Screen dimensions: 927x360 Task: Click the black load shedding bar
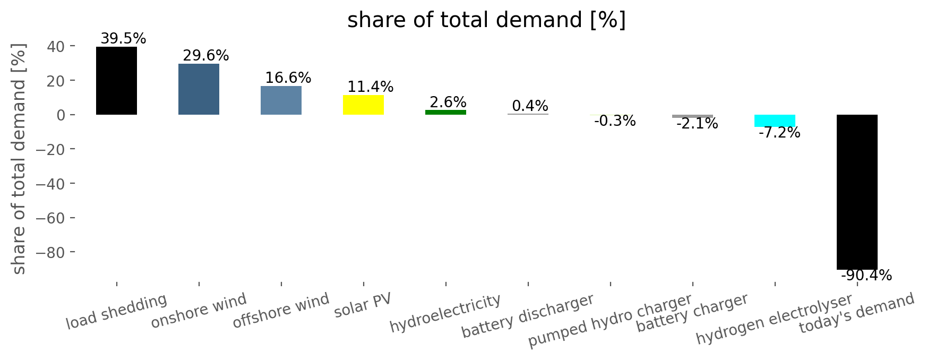[x=116, y=81]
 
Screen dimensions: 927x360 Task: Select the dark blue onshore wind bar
[x=199, y=89]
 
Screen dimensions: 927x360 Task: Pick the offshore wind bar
[x=281, y=100]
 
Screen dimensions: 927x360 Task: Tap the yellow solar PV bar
[x=363, y=105]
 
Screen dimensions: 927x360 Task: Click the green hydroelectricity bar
[x=445, y=113]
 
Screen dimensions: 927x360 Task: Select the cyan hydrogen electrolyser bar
[x=775, y=121]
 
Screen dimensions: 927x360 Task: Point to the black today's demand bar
[x=857, y=192]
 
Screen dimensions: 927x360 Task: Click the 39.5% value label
[x=123, y=39]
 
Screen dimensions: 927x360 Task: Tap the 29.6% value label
[x=206, y=56]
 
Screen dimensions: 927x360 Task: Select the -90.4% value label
[x=866, y=276]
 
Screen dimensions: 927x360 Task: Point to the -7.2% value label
[x=779, y=133]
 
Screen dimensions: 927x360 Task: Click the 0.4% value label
[x=530, y=106]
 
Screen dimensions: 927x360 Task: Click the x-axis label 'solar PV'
[x=363, y=306]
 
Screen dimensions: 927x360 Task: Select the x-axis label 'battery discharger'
[x=527, y=316]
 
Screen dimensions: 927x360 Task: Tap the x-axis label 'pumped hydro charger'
[x=610, y=321]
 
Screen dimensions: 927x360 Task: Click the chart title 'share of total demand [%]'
[x=486, y=20]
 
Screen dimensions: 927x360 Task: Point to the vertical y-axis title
[x=19, y=159]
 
